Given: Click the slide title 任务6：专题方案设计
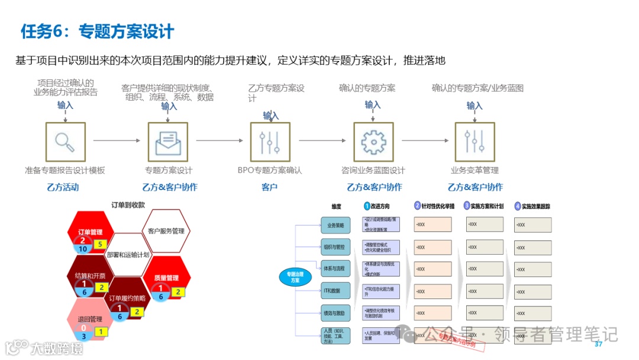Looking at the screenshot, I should pyautogui.click(x=97, y=31).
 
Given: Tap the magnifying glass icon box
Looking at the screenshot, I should pyautogui.click(x=65, y=142).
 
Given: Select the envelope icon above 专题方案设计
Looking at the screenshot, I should pyautogui.click(x=168, y=142).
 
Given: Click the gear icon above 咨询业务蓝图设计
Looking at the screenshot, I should pyautogui.click(x=373, y=142).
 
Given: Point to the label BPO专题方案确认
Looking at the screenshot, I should pyautogui.click(x=270, y=171).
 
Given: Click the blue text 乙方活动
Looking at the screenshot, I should pyautogui.click(x=62, y=187).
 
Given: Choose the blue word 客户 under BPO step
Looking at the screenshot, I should pyautogui.click(x=270, y=187).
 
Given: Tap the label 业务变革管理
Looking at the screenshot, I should pyautogui.click(x=475, y=171).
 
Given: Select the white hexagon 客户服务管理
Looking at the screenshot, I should pyautogui.click(x=166, y=231).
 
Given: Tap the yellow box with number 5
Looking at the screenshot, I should pyautogui.click(x=100, y=244).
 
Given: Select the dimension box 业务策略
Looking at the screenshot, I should pyautogui.click(x=335, y=224).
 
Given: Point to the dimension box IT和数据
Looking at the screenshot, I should pyautogui.click(x=335, y=291).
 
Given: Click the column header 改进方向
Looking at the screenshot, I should pyautogui.click(x=380, y=207).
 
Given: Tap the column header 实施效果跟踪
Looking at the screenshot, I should pyautogui.click(x=535, y=207).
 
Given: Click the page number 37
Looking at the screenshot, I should pyautogui.click(x=598, y=345).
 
